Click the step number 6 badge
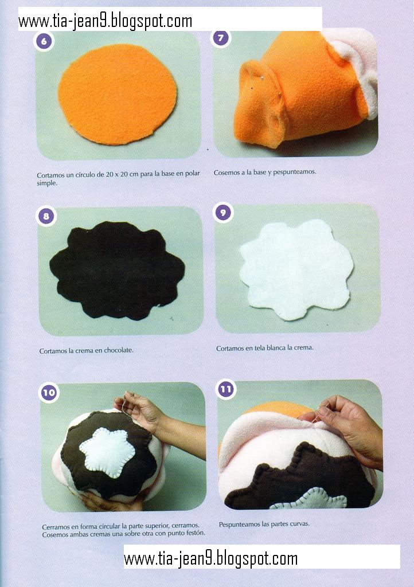[44, 41]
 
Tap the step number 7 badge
[221, 38]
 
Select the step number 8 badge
[46, 216]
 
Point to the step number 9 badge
[223, 213]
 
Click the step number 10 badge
[49, 392]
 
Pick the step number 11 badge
[226, 389]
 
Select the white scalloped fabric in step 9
[296, 269]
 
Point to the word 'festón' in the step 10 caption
[196, 533]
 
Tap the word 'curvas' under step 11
[300, 524]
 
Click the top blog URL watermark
[105, 21]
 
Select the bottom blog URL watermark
[211, 559]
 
